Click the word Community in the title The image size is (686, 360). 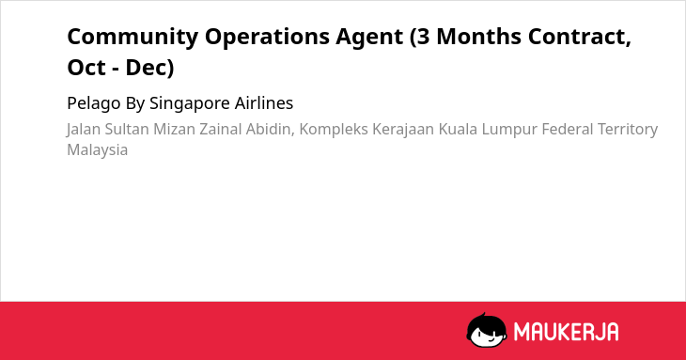pyautogui.click(x=133, y=38)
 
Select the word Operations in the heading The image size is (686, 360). pyautogui.click(x=267, y=38)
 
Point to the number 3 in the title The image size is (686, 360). pyautogui.click(x=424, y=37)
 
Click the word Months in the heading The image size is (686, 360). pyautogui.click(x=478, y=37)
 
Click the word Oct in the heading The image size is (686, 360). pyautogui.click(x=86, y=68)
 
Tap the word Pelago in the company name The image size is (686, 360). pyautogui.click(x=94, y=104)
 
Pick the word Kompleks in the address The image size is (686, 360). pyautogui.click(x=334, y=131)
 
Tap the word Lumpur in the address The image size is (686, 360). pyautogui.click(x=509, y=131)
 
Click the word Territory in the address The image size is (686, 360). pyautogui.click(x=628, y=131)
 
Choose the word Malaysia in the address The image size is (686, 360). pyautogui.click(x=97, y=150)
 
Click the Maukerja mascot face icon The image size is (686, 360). pyautogui.click(x=486, y=331)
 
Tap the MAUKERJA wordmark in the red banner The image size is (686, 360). pyautogui.click(x=566, y=332)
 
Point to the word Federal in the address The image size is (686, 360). pyautogui.click(x=567, y=130)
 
